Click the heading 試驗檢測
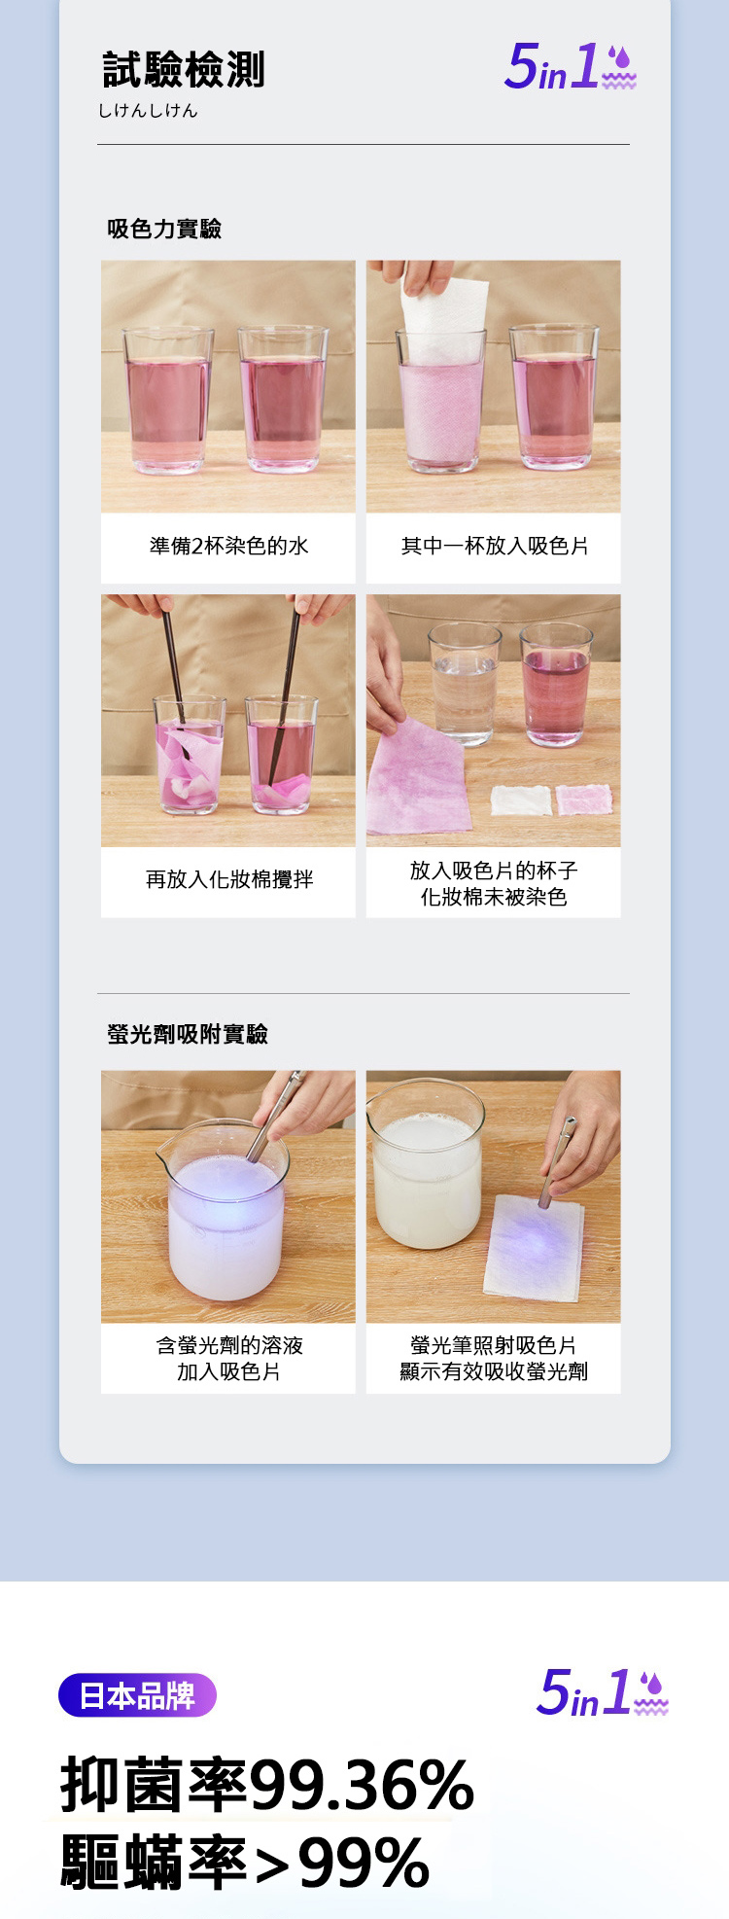coord(184,70)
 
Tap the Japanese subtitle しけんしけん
coord(148,111)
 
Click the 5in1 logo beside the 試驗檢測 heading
coord(571,67)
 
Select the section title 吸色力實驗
coord(164,229)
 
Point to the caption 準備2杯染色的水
coord(228,546)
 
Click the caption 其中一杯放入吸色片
coord(495,546)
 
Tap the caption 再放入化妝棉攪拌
coord(229,879)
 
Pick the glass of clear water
coord(465,685)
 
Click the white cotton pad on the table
coord(521,800)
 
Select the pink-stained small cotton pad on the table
coord(584,800)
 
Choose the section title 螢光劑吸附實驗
coord(188,1034)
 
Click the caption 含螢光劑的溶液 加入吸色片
coord(229,1358)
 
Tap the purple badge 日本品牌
coord(137,1695)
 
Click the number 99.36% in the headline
coord(362,1785)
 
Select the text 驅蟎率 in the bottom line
coord(155,1862)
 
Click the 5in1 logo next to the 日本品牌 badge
coord(603,1692)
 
